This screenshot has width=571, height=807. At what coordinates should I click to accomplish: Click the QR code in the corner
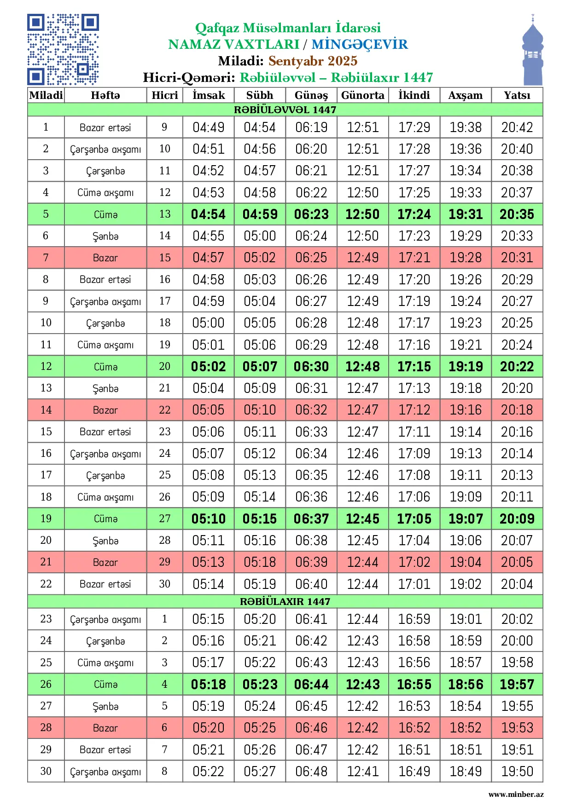tap(63, 50)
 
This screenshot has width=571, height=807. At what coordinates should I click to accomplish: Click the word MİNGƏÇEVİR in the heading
tap(360, 45)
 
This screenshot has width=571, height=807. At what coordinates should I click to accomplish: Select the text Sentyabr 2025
tap(313, 61)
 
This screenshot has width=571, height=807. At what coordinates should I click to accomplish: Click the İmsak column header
tap(209, 95)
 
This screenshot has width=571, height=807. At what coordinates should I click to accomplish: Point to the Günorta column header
tap(362, 95)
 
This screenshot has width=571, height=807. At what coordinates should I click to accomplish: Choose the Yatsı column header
tap(517, 95)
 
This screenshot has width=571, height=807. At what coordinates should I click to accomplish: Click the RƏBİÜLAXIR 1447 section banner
tap(285, 601)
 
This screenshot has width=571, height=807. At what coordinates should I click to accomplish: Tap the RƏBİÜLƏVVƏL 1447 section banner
tap(285, 110)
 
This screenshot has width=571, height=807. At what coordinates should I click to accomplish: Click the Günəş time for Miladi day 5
tap(311, 214)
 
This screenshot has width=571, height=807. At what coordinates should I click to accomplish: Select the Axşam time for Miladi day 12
tap(466, 367)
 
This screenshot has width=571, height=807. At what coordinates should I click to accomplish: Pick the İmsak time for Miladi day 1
tap(209, 127)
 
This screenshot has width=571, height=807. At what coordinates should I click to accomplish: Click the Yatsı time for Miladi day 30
tap(517, 771)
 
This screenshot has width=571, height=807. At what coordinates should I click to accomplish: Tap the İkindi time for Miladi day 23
tap(414, 619)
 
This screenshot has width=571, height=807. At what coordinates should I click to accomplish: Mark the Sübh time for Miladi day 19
tap(260, 519)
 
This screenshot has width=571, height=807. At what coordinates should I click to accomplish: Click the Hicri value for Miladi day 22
tap(165, 584)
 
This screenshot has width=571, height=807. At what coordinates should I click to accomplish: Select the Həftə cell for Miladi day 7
tap(105, 258)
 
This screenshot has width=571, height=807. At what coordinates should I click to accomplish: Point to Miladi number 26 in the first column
tap(46, 684)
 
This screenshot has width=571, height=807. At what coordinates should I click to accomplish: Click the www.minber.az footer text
tap(516, 794)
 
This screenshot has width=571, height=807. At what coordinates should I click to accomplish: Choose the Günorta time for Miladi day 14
tap(362, 410)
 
